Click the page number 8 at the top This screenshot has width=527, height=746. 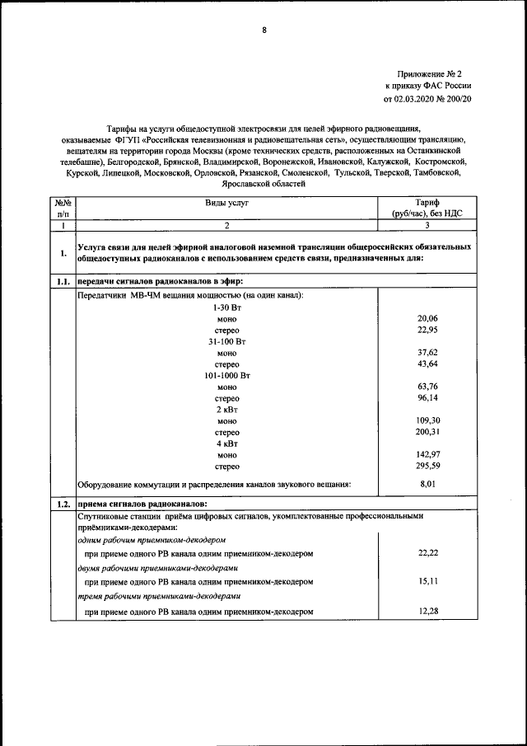coord(264,30)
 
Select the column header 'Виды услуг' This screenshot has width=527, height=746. coord(226,201)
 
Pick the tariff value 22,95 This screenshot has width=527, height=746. coord(427,330)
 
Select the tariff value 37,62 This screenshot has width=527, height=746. coord(427,352)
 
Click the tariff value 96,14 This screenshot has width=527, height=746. coord(427,397)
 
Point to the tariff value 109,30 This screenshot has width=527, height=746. coord(427,420)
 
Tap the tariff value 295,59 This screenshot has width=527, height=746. coord(427,466)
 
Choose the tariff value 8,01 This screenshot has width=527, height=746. coord(427,484)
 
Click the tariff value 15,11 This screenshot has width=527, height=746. coord(427,581)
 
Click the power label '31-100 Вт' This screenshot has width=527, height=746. coord(227,340)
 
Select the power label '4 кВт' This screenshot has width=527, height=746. coord(227,443)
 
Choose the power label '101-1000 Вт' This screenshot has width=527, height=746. coord(227,375)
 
